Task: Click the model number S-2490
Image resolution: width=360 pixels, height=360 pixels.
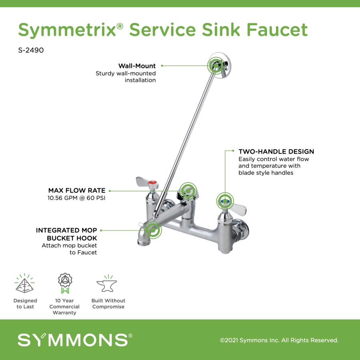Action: (x=31, y=50)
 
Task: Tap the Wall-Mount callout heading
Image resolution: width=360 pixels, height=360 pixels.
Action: (x=137, y=66)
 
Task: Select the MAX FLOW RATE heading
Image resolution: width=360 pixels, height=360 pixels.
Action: (x=77, y=190)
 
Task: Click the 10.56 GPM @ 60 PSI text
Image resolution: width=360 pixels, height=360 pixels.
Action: (x=76, y=198)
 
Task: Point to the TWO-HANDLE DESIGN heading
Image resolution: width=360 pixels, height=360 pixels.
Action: (x=276, y=152)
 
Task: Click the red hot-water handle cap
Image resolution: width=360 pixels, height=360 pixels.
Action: (x=152, y=183)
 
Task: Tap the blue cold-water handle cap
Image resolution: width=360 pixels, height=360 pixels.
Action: (x=224, y=201)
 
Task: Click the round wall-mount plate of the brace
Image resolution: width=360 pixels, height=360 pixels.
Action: (x=220, y=66)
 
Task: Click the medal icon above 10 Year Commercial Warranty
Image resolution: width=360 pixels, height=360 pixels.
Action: (x=65, y=283)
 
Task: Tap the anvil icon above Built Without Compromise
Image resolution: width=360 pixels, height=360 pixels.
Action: (x=107, y=283)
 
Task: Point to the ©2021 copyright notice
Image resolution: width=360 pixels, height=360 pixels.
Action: (x=279, y=340)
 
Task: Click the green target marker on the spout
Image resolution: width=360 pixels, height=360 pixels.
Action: (x=153, y=230)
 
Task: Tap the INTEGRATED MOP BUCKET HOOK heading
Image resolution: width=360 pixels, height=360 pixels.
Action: (x=66, y=234)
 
